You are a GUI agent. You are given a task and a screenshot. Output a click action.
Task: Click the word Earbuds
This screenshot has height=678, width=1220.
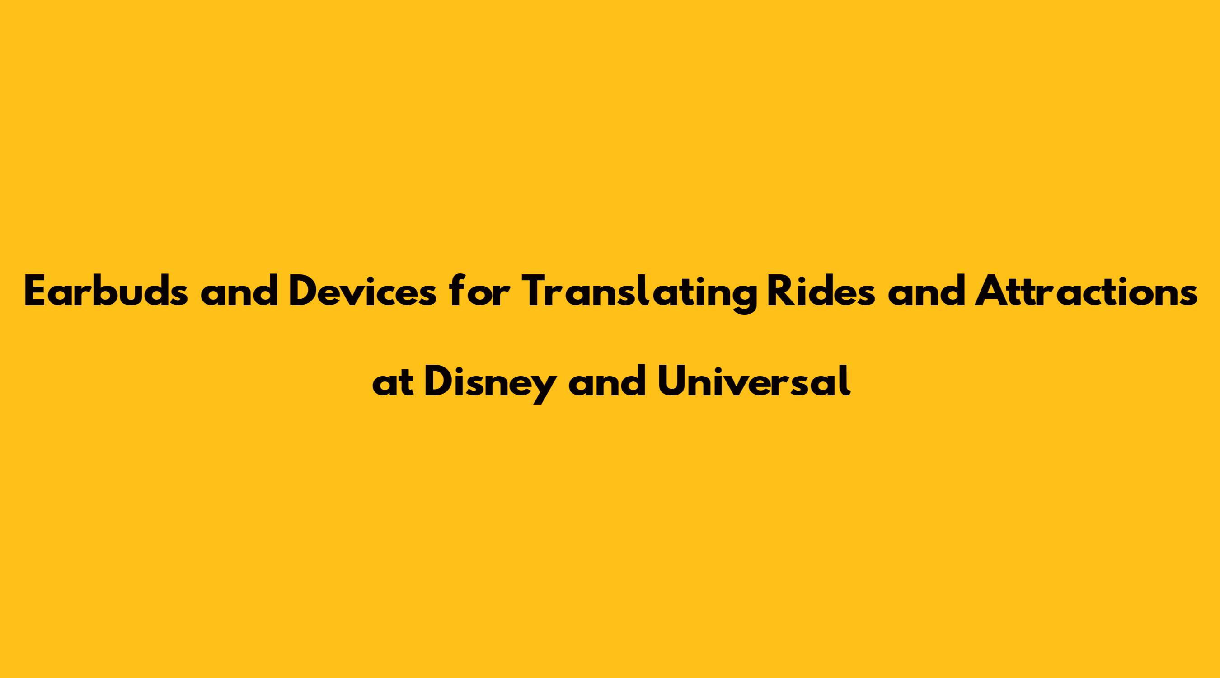click(x=106, y=291)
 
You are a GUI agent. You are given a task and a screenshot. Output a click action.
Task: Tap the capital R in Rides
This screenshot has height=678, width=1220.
click(x=780, y=291)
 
